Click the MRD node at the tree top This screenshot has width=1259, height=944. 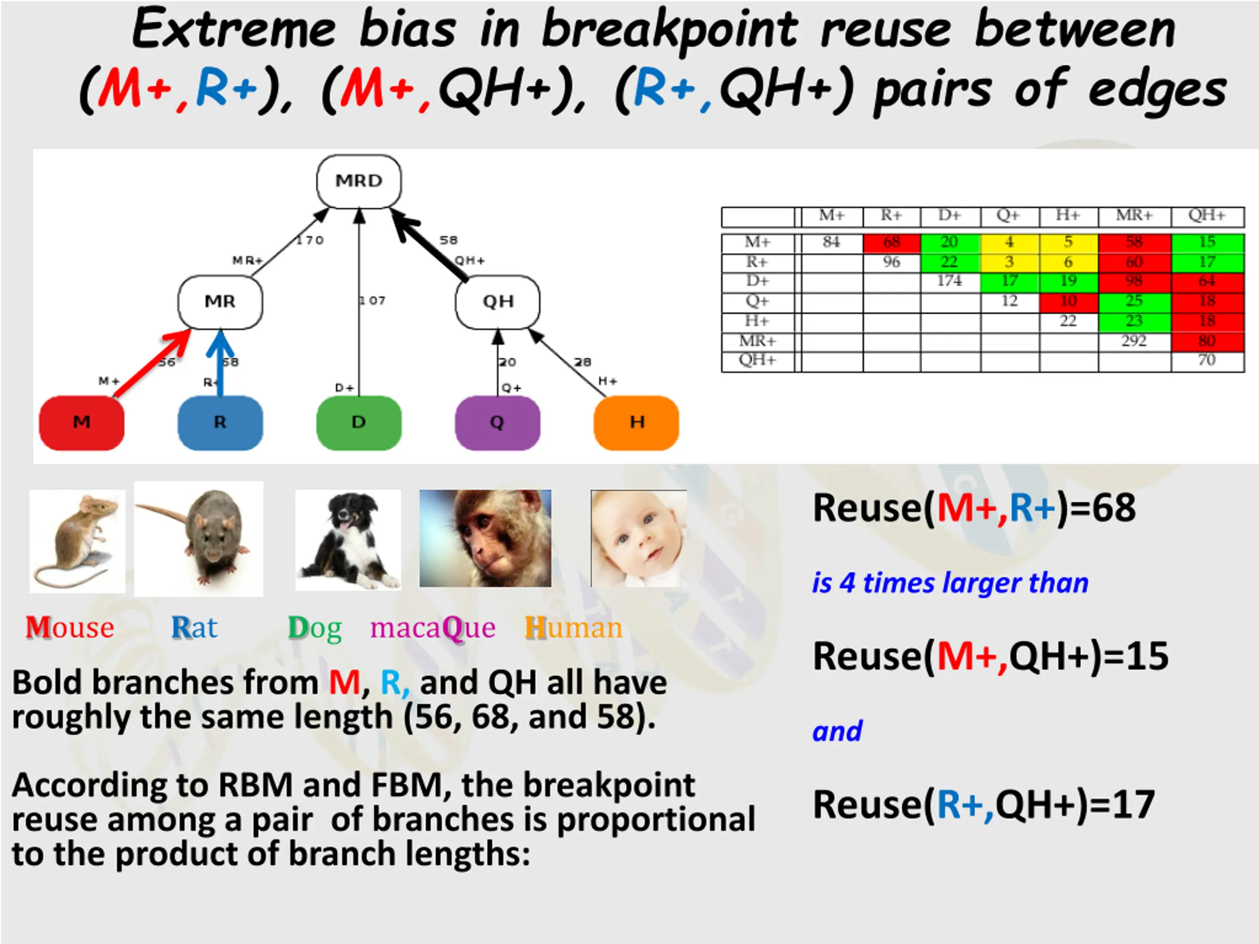359,181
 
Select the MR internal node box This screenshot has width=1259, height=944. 220,302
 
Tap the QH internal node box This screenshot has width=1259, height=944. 498,302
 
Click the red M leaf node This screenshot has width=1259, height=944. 81,423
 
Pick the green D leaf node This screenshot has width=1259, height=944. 359,423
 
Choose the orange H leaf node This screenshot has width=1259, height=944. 636,423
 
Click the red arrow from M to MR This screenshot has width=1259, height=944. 151,365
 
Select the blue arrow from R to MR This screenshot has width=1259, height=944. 221,365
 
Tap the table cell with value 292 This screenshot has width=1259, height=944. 1134,341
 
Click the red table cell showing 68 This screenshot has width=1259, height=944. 891,243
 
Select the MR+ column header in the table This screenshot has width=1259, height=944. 1134,216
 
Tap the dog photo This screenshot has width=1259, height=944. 348,539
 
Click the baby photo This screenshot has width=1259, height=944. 639,538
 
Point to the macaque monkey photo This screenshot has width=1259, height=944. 485,538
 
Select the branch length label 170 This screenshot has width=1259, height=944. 310,240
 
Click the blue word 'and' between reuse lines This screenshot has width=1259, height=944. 837,731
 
